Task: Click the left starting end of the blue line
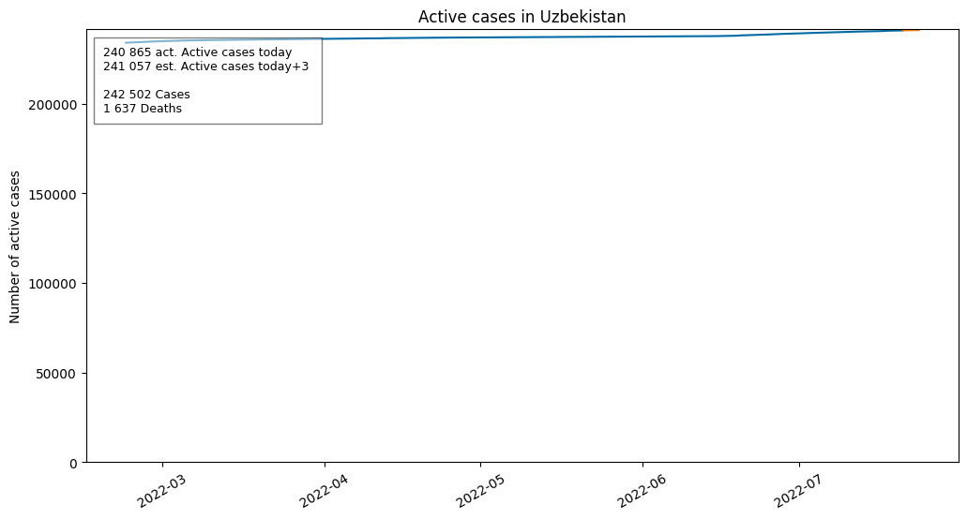[x=126, y=43]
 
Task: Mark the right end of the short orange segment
[x=919, y=30]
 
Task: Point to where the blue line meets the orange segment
[x=903, y=30]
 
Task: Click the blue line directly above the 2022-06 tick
[x=642, y=37]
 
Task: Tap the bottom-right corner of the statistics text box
[x=322, y=124]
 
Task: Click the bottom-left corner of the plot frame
[x=87, y=463]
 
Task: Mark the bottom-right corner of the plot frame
[x=959, y=463]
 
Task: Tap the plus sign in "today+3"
[x=297, y=67]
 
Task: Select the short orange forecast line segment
[x=911, y=30]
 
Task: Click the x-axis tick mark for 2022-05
[x=480, y=465]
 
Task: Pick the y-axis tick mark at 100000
[x=84, y=284]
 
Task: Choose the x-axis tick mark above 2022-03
[x=163, y=465]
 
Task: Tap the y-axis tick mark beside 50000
[x=84, y=373]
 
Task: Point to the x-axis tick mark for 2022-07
[x=799, y=465]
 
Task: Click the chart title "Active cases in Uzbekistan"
[x=521, y=17]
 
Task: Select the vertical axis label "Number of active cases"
[x=15, y=247]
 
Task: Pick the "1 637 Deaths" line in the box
[x=143, y=109]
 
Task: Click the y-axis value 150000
[x=53, y=195]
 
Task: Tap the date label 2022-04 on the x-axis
[x=325, y=491]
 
